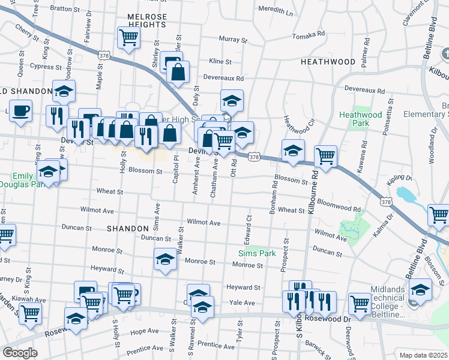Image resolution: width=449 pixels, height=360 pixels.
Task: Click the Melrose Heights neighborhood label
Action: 146,20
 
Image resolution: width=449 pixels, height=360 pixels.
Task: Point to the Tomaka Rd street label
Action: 309,35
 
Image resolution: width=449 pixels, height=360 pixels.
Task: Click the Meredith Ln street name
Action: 276,10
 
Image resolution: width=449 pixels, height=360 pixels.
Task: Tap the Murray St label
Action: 229,39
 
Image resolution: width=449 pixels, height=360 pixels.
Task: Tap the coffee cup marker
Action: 21,112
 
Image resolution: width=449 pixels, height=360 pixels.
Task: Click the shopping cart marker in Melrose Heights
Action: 129,38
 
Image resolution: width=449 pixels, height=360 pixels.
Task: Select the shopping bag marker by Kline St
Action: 178,73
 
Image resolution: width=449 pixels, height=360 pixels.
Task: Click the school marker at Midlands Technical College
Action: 421,290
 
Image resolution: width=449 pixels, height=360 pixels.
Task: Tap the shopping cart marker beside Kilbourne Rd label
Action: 325,156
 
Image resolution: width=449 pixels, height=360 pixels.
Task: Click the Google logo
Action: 20,353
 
